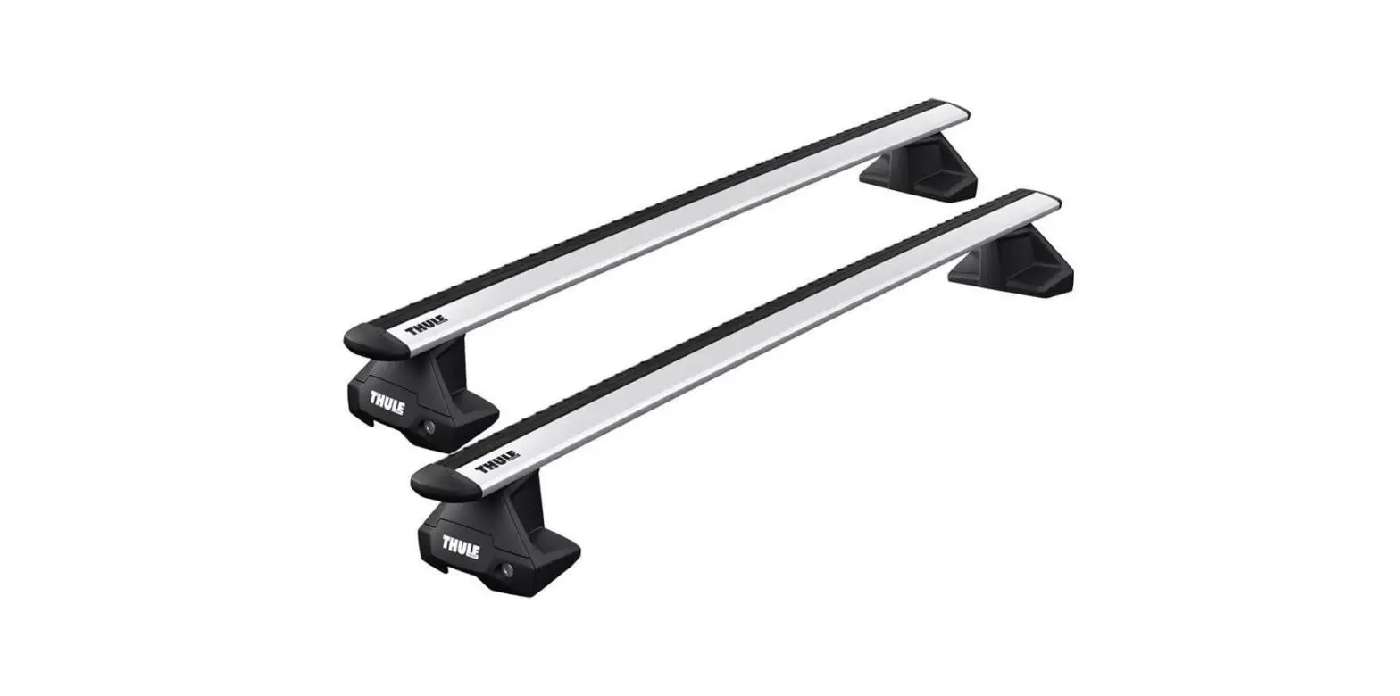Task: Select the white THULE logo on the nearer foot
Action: (x=461, y=545)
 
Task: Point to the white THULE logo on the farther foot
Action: (x=387, y=401)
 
